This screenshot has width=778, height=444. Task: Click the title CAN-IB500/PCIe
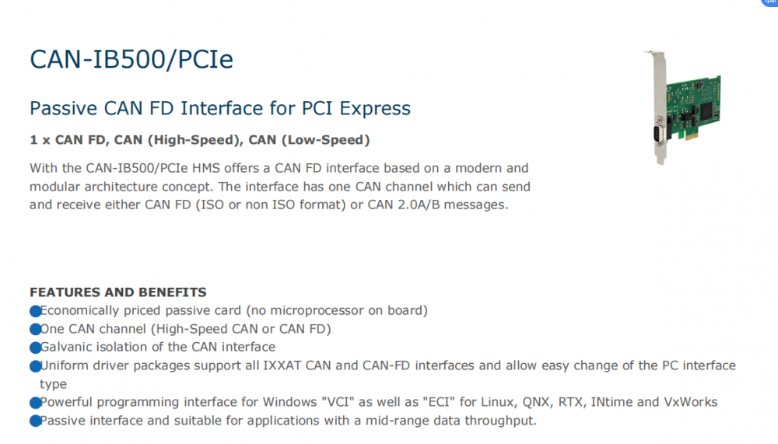[x=131, y=59]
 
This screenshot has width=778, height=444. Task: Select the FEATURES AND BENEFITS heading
[x=117, y=292]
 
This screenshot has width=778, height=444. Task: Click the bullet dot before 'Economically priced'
[x=35, y=311]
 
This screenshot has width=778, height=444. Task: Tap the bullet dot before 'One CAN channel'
[x=35, y=330]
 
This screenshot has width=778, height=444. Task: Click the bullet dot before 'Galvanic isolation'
[x=35, y=348]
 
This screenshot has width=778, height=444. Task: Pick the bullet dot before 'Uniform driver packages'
[x=35, y=366]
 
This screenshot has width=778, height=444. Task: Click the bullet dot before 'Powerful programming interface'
[x=35, y=403]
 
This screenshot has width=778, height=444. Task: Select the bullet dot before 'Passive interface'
[x=35, y=421]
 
